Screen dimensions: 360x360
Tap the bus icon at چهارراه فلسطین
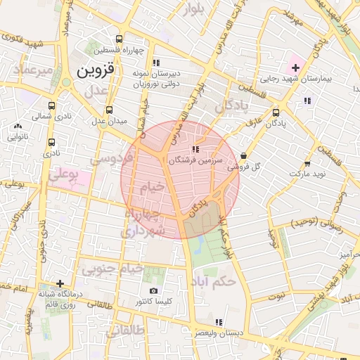[x=119, y=39]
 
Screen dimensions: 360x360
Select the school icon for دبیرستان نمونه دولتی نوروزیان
[x=156, y=63]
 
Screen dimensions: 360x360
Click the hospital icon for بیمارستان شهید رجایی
[x=296, y=68]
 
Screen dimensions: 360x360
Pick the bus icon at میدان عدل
[x=109, y=110]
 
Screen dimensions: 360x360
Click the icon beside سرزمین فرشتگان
[x=195, y=149]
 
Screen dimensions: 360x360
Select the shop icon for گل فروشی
[x=243, y=155]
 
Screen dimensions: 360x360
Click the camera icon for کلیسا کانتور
[x=154, y=290]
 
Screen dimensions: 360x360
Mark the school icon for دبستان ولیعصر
[x=219, y=322]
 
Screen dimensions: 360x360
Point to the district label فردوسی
[x=107, y=159]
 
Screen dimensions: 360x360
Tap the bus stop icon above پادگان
[x=276, y=112]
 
